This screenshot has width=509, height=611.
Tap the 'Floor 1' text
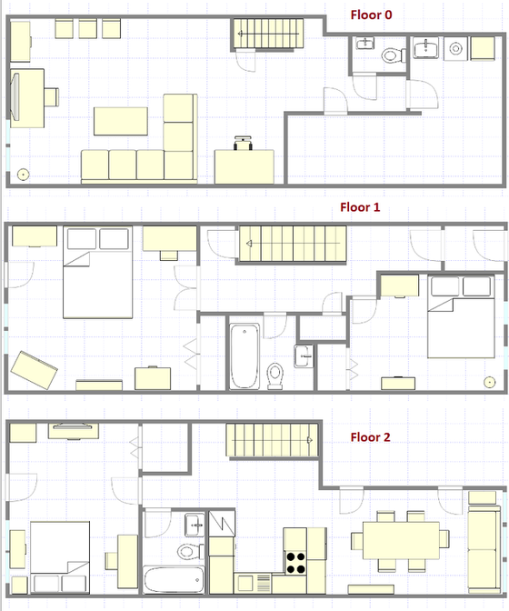pyautogui.click(x=360, y=207)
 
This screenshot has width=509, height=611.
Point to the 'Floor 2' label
pyautogui.click(x=370, y=437)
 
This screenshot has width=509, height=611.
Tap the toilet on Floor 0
pyautogui.click(x=392, y=55)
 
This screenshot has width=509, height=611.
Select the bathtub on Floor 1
pyautogui.click(x=245, y=354)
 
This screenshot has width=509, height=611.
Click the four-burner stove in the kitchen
pyautogui.click(x=295, y=562)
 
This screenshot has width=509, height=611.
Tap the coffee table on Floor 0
pyautogui.click(x=121, y=122)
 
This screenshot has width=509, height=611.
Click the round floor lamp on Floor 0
pyautogui.click(x=23, y=173)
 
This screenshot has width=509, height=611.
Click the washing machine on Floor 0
pyautogui.click(x=477, y=47)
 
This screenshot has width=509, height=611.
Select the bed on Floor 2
pyautogui.click(x=61, y=547)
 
